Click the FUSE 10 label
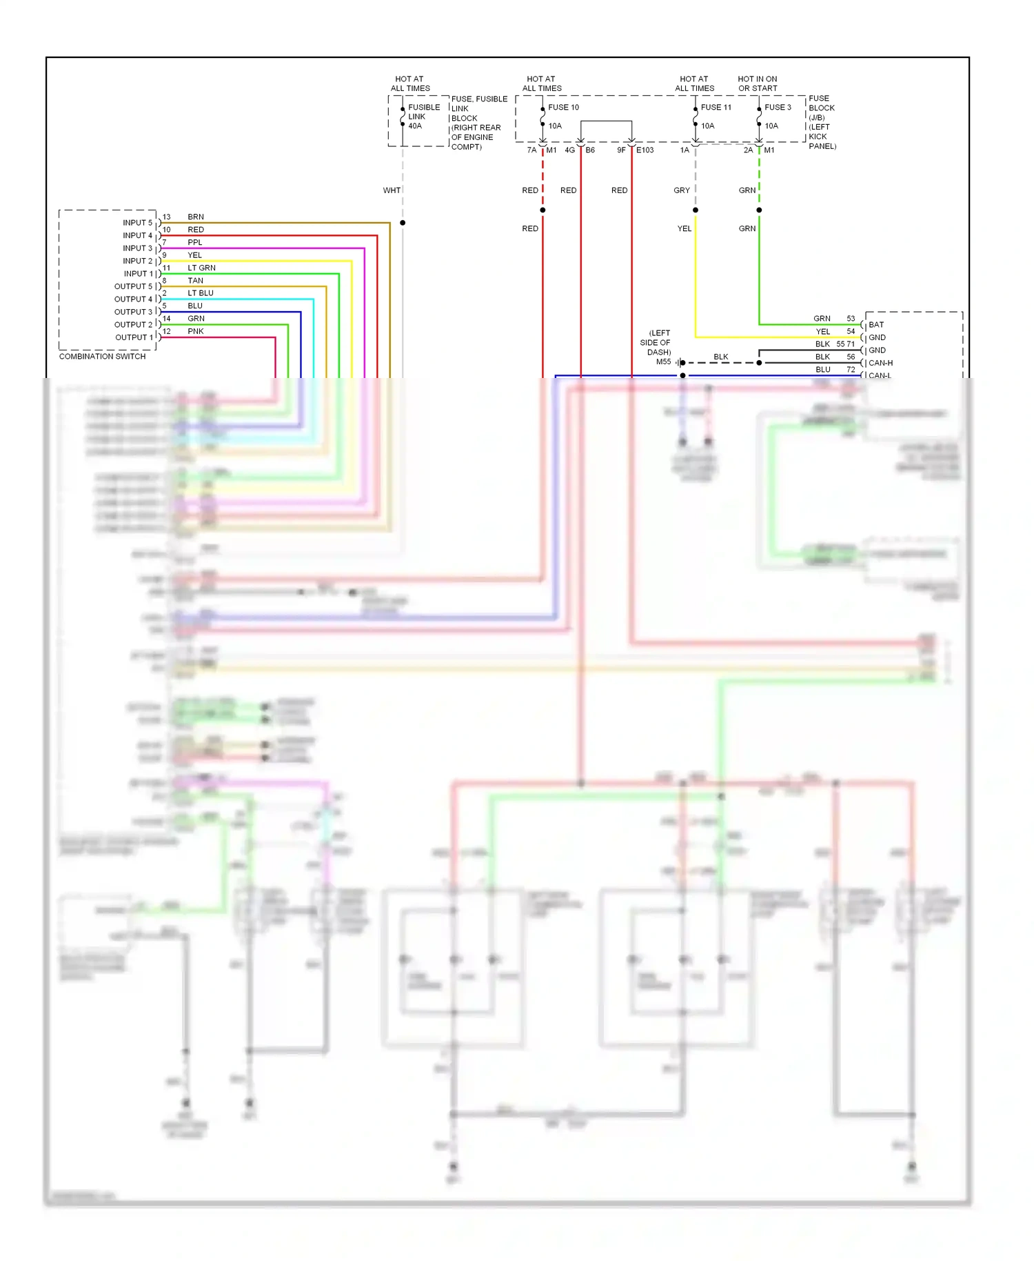(563, 107)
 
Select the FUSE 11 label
(716, 107)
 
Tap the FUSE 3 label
(778, 107)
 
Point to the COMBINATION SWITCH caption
(102, 357)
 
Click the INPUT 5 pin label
(137, 223)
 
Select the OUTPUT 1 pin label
(134, 337)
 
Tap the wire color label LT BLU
(200, 293)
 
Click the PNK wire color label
(195, 331)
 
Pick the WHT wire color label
(392, 190)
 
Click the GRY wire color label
(681, 190)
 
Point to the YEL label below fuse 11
(684, 228)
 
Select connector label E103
(645, 150)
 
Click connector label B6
(590, 150)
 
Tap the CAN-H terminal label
(880, 363)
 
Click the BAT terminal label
(875, 324)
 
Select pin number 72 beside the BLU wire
(851, 370)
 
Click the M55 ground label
(663, 361)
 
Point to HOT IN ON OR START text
(757, 83)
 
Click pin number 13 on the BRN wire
(166, 217)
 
